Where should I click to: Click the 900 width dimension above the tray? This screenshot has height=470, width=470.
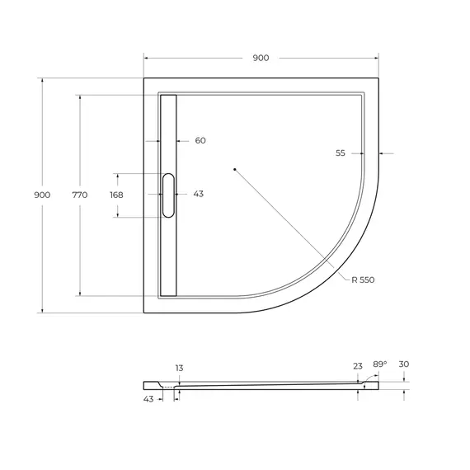(x=261, y=58)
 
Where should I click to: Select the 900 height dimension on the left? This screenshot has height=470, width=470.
(x=42, y=195)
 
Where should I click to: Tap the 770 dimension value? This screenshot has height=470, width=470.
(x=79, y=195)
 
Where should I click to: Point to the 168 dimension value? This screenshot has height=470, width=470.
(x=116, y=195)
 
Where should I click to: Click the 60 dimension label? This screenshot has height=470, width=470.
(x=200, y=141)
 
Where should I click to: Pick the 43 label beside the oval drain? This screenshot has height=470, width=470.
(x=198, y=195)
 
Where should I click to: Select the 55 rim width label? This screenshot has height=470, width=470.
(x=341, y=153)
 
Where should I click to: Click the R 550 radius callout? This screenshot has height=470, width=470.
(x=363, y=280)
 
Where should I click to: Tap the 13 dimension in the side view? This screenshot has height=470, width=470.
(x=179, y=368)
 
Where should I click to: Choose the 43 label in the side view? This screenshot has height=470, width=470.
(x=148, y=400)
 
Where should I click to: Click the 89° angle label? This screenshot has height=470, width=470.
(x=380, y=363)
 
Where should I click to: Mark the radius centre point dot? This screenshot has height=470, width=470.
(x=235, y=170)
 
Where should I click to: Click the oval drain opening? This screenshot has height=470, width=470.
(x=169, y=195)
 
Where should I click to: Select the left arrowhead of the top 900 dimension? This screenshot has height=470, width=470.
(x=147, y=58)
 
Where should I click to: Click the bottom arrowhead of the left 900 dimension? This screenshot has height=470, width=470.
(x=42, y=310)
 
